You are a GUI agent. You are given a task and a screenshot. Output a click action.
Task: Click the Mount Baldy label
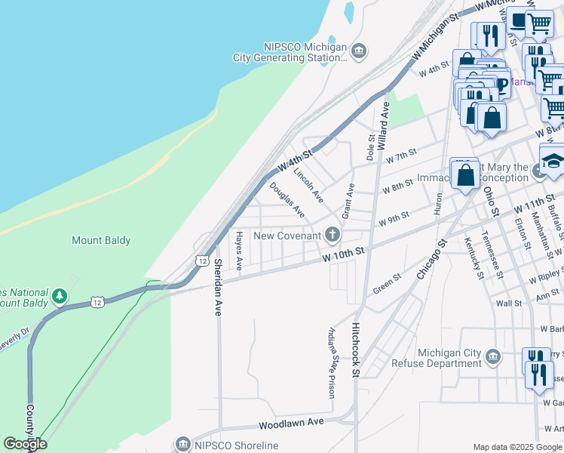click(101, 241)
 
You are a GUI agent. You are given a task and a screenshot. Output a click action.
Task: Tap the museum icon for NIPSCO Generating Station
click(359, 51)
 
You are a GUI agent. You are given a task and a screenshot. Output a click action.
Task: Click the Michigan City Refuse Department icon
click(492, 356)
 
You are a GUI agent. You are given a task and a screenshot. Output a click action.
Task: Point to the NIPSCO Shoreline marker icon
click(182, 445)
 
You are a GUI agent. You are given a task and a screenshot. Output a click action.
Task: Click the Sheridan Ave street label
click(218, 287)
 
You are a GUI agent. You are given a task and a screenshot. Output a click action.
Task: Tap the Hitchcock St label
click(356, 351)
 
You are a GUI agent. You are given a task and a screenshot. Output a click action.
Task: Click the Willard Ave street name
click(384, 121)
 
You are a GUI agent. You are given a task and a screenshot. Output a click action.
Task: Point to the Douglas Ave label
click(287, 199)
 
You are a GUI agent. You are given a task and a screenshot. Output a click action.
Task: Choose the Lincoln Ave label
click(308, 186)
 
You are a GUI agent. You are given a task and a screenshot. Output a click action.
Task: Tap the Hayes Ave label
click(238, 251)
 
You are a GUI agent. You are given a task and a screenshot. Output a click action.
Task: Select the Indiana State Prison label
click(330, 362)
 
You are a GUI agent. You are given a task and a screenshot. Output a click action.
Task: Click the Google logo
click(25, 444)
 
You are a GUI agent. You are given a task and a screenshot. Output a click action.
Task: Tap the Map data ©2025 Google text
click(516, 446)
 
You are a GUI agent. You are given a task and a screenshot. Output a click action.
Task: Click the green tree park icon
click(58, 297)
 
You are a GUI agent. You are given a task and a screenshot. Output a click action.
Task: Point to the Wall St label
click(509, 304)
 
